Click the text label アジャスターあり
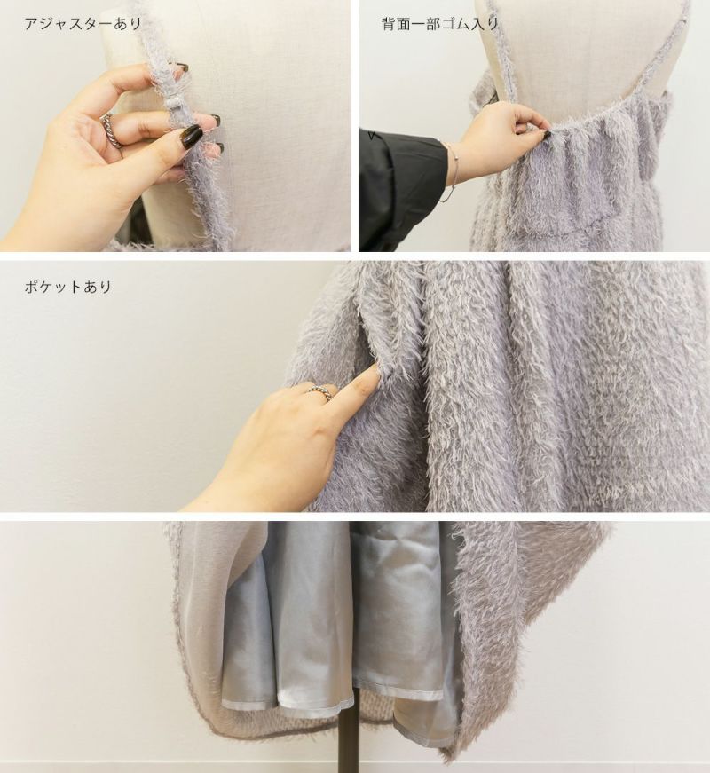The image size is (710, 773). click(83, 23)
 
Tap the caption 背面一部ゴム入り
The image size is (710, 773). click(440, 23)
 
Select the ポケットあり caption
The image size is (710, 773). click(68, 287)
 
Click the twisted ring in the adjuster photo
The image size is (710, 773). click(112, 130)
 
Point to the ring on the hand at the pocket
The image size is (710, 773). click(320, 393)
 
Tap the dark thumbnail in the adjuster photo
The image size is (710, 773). click(192, 135)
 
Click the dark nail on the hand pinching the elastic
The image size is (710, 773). click(548, 134)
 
